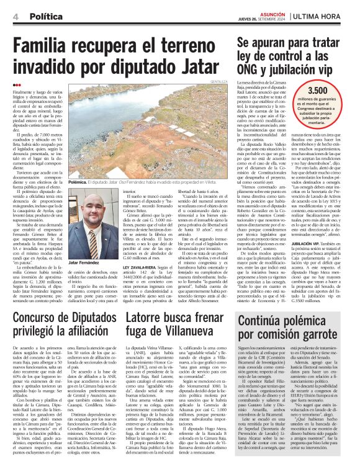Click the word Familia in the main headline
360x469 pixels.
[45, 47]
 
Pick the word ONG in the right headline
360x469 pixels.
[246, 68]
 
